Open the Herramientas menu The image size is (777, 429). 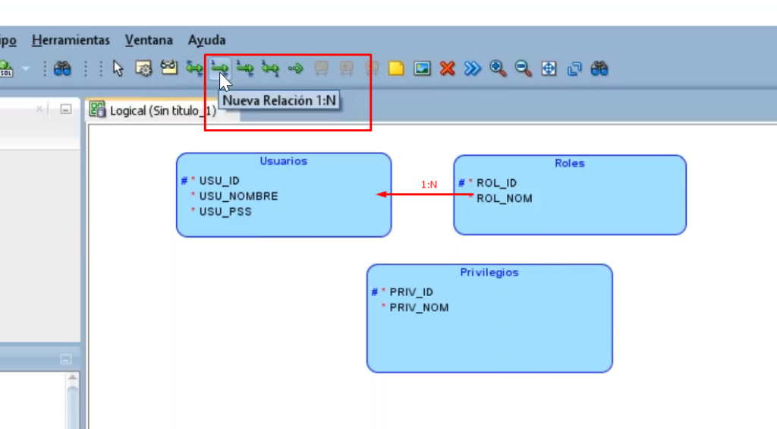tap(71, 40)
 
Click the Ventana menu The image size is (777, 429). tap(149, 40)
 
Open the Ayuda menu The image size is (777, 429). tap(206, 40)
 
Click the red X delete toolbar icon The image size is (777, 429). tap(447, 69)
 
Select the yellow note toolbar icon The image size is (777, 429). tap(396, 69)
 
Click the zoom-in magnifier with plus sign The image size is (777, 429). tap(498, 69)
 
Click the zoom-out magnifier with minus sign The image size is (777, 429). tap(523, 69)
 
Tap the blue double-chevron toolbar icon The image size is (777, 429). tap(473, 69)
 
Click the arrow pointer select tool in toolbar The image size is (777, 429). tap(118, 69)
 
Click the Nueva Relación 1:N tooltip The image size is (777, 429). tap(279, 100)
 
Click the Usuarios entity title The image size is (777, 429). tap(283, 161)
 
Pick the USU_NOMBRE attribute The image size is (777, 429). tap(238, 197)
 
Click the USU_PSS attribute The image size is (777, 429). tap(225, 212)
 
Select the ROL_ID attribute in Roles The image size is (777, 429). tap(496, 183)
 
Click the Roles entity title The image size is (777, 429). tap(569, 163)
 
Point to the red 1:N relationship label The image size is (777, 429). tap(429, 185)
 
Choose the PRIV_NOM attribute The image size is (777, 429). tap(419, 308)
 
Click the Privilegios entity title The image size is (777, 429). tap(489, 273)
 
